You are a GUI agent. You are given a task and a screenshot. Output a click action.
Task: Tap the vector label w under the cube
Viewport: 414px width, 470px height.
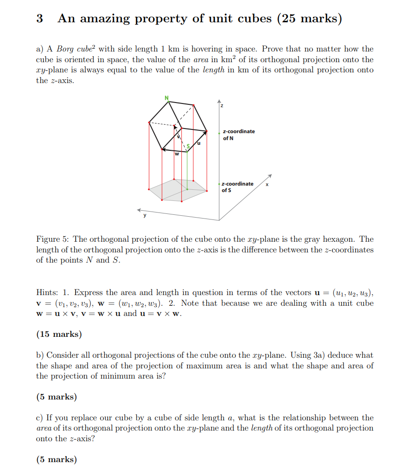(177, 154)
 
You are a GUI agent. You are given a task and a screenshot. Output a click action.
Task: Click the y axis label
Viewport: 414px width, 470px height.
(144, 215)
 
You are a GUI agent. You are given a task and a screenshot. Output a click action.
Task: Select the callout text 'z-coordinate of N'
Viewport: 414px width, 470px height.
(238, 135)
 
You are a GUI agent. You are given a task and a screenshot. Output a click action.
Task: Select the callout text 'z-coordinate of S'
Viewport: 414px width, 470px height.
(237, 187)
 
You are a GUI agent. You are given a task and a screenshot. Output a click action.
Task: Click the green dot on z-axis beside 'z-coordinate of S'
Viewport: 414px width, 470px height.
(219, 185)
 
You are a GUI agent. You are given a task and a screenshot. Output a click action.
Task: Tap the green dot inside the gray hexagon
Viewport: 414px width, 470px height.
(187, 189)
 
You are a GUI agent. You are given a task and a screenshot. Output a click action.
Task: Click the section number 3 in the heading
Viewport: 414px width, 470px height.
(40, 19)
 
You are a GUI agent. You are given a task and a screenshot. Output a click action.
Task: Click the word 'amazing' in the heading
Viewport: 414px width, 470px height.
(106, 19)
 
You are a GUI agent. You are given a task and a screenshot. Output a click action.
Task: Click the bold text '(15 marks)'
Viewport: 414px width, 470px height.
(59, 334)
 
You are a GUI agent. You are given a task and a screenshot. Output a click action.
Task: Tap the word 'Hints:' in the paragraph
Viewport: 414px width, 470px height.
(47, 293)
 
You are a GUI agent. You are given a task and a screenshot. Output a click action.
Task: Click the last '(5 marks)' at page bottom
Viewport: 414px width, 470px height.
(57, 459)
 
